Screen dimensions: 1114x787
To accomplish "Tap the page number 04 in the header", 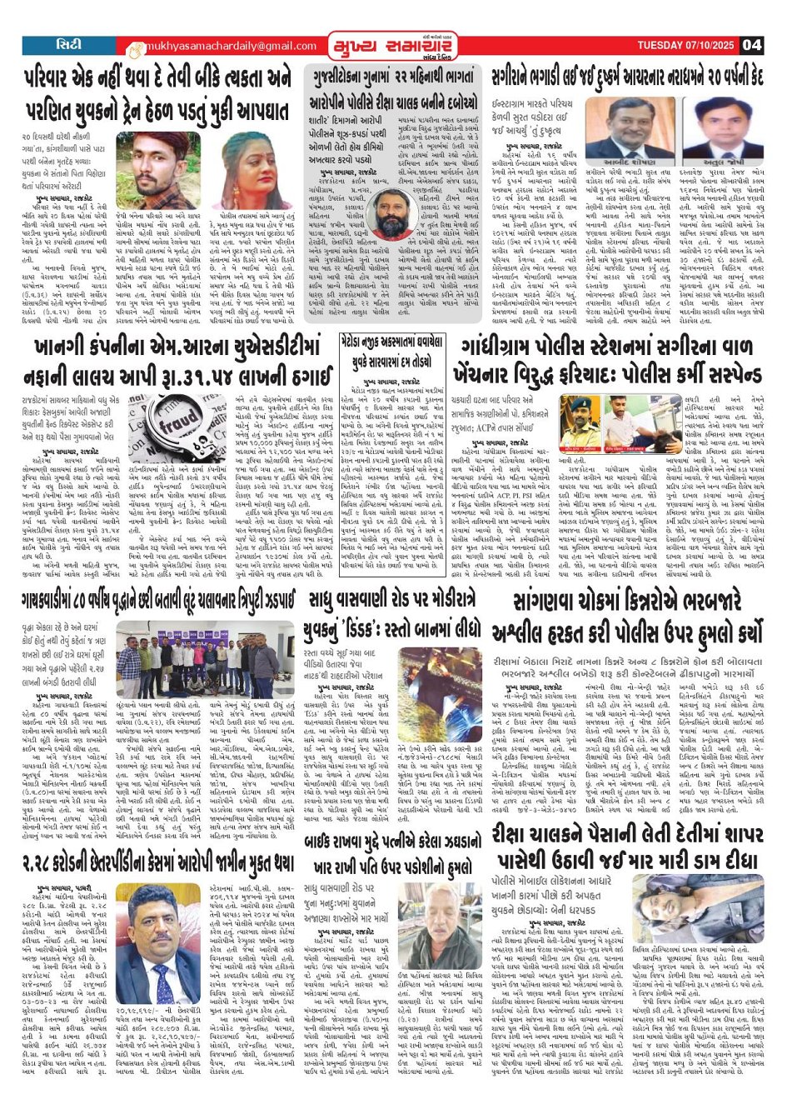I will click(751, 45).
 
